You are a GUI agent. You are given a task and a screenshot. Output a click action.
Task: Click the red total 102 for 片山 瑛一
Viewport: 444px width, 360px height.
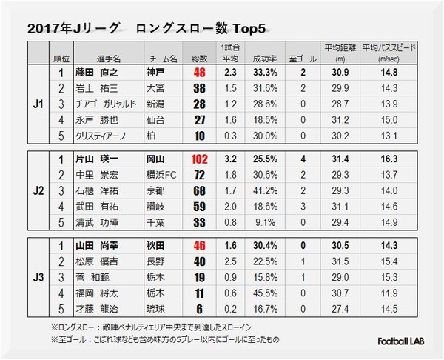point(198,158)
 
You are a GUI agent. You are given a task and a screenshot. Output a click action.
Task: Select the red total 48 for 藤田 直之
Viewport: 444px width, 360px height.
point(198,73)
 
